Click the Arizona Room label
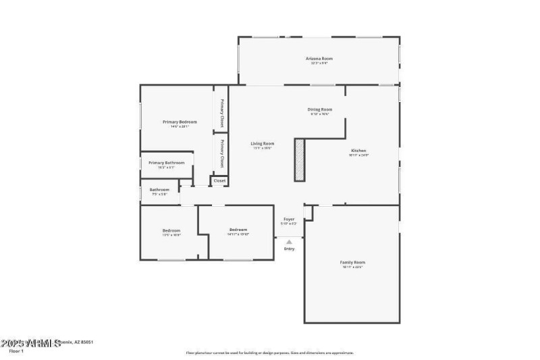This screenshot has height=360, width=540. (x=320, y=59)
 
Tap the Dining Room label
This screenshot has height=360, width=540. (x=320, y=109)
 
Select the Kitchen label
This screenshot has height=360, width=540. (x=358, y=150)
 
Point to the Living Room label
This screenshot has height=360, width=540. (x=262, y=143)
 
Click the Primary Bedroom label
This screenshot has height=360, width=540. (x=180, y=122)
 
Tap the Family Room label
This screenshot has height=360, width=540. (x=353, y=262)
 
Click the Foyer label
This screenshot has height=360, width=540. (x=289, y=220)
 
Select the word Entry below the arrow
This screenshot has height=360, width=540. (x=289, y=249)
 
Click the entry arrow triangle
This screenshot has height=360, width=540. (x=289, y=242)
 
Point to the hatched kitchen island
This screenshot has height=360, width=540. (x=300, y=159)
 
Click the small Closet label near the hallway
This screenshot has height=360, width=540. (x=219, y=181)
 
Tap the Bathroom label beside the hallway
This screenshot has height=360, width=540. (x=159, y=190)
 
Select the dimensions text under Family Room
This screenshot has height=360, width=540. (x=353, y=267)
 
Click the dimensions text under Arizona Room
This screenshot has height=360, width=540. (x=320, y=63)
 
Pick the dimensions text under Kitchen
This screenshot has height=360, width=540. (x=358, y=155)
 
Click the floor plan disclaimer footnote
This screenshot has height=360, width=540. (x=270, y=353)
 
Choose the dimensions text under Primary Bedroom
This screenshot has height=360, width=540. (x=180, y=126)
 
